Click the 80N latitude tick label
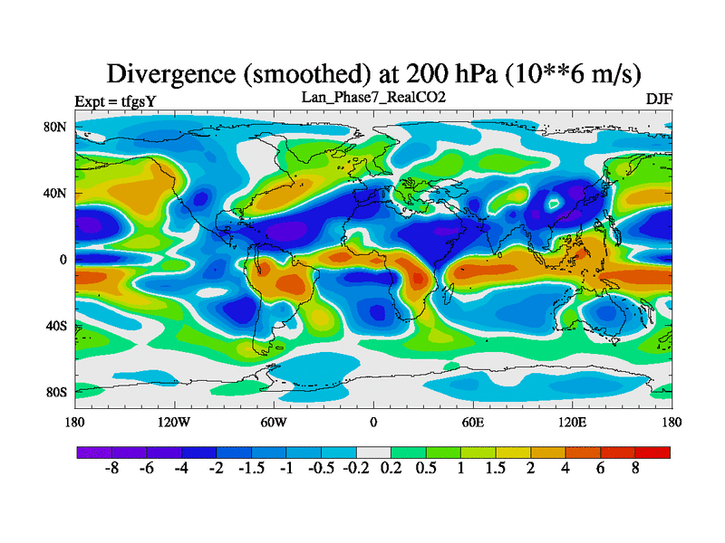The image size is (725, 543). click(x=56, y=127)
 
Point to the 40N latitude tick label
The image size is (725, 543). click(x=56, y=193)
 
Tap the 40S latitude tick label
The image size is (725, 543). click(x=56, y=326)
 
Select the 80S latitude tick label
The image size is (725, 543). click(x=56, y=392)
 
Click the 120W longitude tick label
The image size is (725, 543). click(x=174, y=422)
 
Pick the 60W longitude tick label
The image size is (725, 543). click(x=274, y=422)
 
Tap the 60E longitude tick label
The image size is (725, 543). click(x=472, y=422)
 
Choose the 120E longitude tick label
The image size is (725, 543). click(x=572, y=422)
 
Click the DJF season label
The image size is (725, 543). click(x=658, y=99)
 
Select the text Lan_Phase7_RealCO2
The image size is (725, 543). click(x=372, y=97)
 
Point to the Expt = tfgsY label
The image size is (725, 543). click(x=116, y=100)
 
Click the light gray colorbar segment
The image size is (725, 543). click(x=372, y=452)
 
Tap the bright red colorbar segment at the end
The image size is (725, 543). click(x=652, y=452)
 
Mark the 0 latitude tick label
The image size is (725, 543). click(x=63, y=260)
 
